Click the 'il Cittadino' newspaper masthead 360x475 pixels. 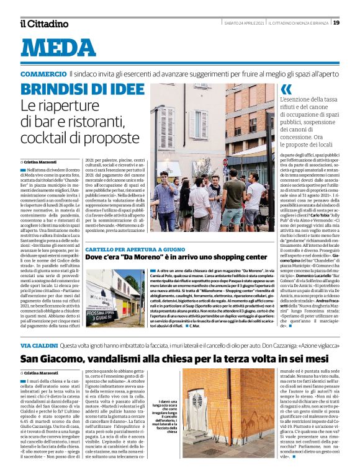[43, 24]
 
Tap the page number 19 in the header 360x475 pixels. [336, 22]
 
